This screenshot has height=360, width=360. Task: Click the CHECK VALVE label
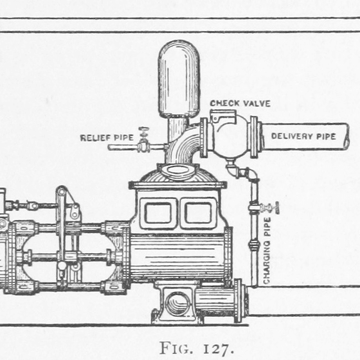coord(240,103)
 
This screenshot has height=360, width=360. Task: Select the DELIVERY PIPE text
coord(303,136)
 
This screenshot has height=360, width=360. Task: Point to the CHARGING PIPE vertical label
coord(267,249)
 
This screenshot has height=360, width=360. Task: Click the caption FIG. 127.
coord(196,348)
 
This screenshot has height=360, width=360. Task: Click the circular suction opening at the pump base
coord(178,304)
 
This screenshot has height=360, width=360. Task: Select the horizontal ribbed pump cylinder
coord(178,256)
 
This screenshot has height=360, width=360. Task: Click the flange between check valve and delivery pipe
coord(255,137)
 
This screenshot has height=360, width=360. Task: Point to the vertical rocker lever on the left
coord(61,236)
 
